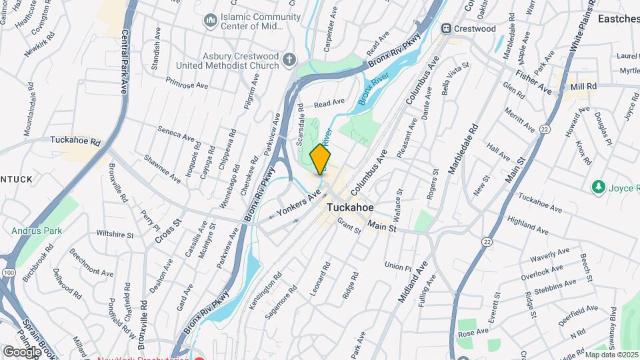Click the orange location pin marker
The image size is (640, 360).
[321, 159]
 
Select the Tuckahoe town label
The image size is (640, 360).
[353, 207]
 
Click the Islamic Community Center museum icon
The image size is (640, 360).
[211, 21]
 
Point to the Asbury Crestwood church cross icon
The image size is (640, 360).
[289, 60]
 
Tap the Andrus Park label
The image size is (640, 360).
[33, 231]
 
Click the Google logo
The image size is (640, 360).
[22, 351]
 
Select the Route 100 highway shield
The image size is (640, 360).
[8, 273]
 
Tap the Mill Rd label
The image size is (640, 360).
[583, 87]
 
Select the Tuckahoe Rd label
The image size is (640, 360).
[75, 141]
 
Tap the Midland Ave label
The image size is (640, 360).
[413, 281]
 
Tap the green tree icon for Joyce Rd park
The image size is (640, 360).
[598, 187]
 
